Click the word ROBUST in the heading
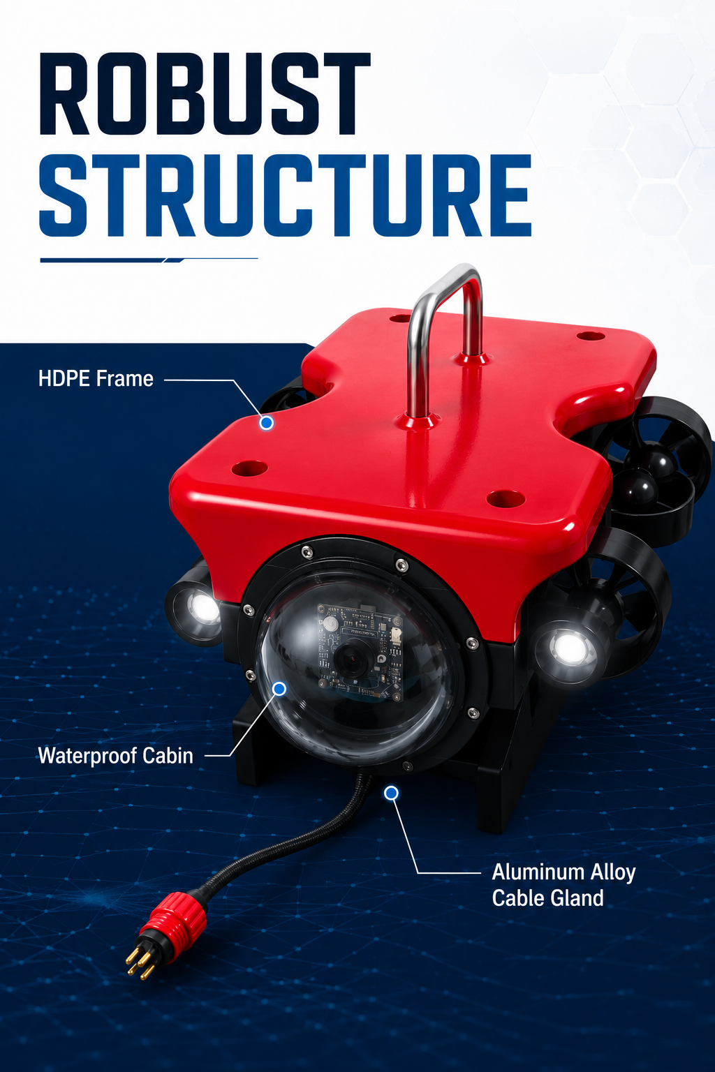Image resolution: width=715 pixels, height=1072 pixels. [205, 94]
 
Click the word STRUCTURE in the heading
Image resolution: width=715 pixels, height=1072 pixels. [286, 195]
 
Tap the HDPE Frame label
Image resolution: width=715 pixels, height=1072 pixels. [96, 378]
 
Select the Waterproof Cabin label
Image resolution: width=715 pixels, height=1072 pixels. [116, 756]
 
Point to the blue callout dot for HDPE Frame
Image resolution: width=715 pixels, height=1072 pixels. [266, 422]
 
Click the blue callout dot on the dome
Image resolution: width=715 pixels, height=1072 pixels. [279, 689]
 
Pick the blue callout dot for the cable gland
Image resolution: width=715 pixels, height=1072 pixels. [391, 794]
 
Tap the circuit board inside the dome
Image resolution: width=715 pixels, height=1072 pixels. [360, 651]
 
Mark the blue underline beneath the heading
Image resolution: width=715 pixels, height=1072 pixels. [149, 260]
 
